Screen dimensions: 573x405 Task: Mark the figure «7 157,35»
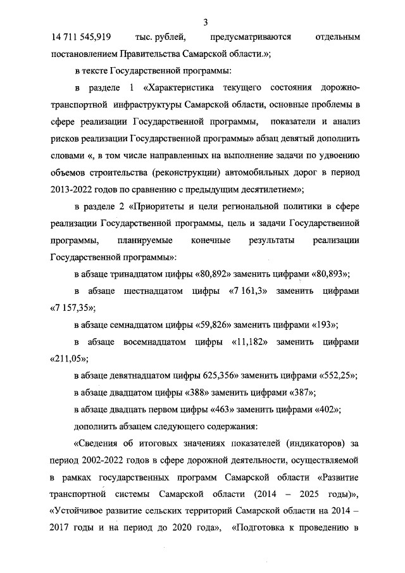tap(72, 308)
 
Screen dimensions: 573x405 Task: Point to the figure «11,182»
tap(248, 342)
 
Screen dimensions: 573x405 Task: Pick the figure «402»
tap(328, 409)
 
